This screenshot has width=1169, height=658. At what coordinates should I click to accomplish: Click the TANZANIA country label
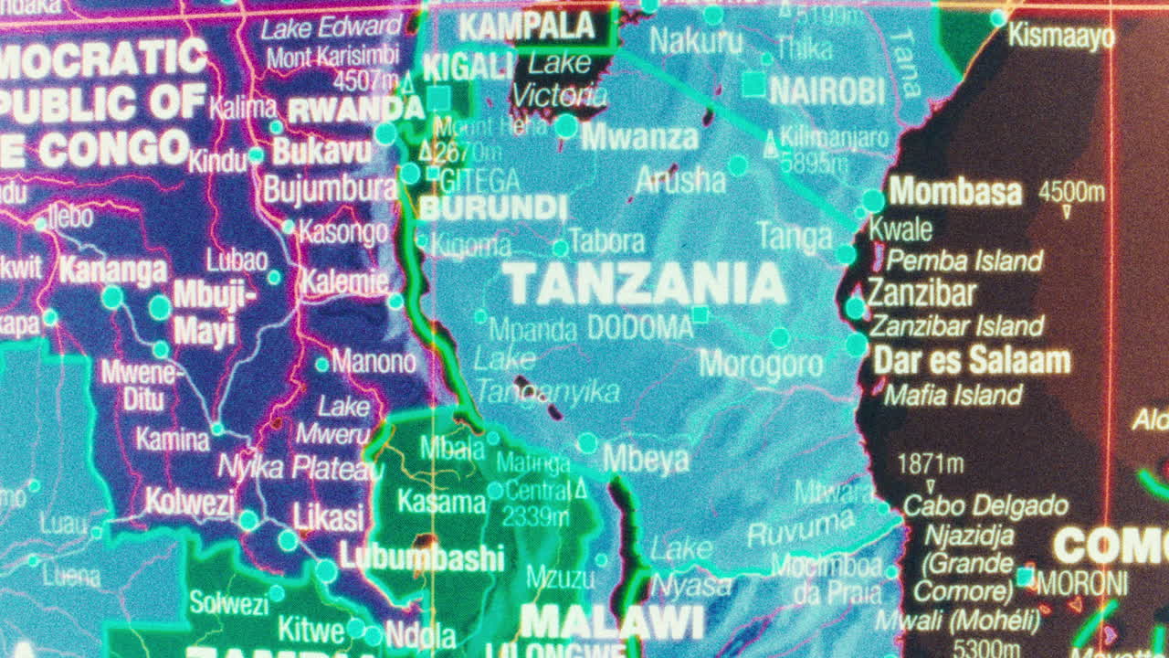coord(645,284)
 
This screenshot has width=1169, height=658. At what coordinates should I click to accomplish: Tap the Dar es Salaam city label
coord(971,360)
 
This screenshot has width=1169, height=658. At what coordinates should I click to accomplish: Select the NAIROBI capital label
coord(827,91)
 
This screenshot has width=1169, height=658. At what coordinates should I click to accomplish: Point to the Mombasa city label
coord(955,192)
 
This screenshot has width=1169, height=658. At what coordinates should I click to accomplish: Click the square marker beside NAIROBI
coord(753,85)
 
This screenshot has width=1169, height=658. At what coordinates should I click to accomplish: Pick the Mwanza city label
coord(639,138)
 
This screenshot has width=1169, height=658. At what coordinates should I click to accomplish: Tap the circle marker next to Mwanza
coord(566,126)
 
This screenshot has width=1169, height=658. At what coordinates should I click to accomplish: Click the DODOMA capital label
coord(639,327)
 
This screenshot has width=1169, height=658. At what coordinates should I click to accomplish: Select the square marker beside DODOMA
coord(700,315)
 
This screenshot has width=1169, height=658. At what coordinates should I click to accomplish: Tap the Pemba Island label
coord(964,261)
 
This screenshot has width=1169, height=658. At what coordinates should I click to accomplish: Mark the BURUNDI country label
coord(493,208)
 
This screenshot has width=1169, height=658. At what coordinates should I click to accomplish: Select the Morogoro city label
coord(761,365)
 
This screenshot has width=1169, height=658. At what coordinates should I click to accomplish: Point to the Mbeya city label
coord(646,460)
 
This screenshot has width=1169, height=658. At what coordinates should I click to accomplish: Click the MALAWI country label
coord(612,622)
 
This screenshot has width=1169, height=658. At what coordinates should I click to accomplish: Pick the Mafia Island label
coord(953,396)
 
